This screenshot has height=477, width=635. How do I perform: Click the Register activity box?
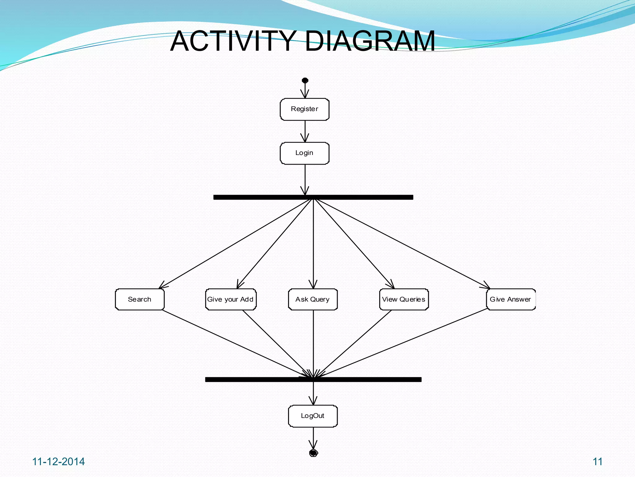(x=304, y=109)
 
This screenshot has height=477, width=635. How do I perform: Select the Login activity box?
(x=304, y=153)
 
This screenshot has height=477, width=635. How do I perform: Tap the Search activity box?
(x=140, y=299)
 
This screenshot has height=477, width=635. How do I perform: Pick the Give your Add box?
(x=231, y=299)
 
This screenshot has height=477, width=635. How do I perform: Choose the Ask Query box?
(x=313, y=299)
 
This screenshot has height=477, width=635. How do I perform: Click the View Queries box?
(x=404, y=299)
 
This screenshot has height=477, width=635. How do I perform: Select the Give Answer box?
(x=511, y=299)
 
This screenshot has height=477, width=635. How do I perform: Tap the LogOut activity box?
(x=313, y=416)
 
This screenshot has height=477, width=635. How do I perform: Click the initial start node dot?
(x=305, y=80)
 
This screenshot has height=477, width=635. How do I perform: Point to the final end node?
(x=313, y=453)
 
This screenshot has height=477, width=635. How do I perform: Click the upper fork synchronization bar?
(x=313, y=197)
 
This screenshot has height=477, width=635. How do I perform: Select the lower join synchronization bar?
(x=313, y=379)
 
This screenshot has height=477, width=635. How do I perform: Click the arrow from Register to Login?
(x=305, y=131)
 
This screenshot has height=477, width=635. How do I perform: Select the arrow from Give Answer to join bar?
(x=403, y=343)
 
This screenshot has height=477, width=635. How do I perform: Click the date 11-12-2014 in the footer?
(x=59, y=462)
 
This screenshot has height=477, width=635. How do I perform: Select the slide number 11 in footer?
(x=597, y=462)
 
